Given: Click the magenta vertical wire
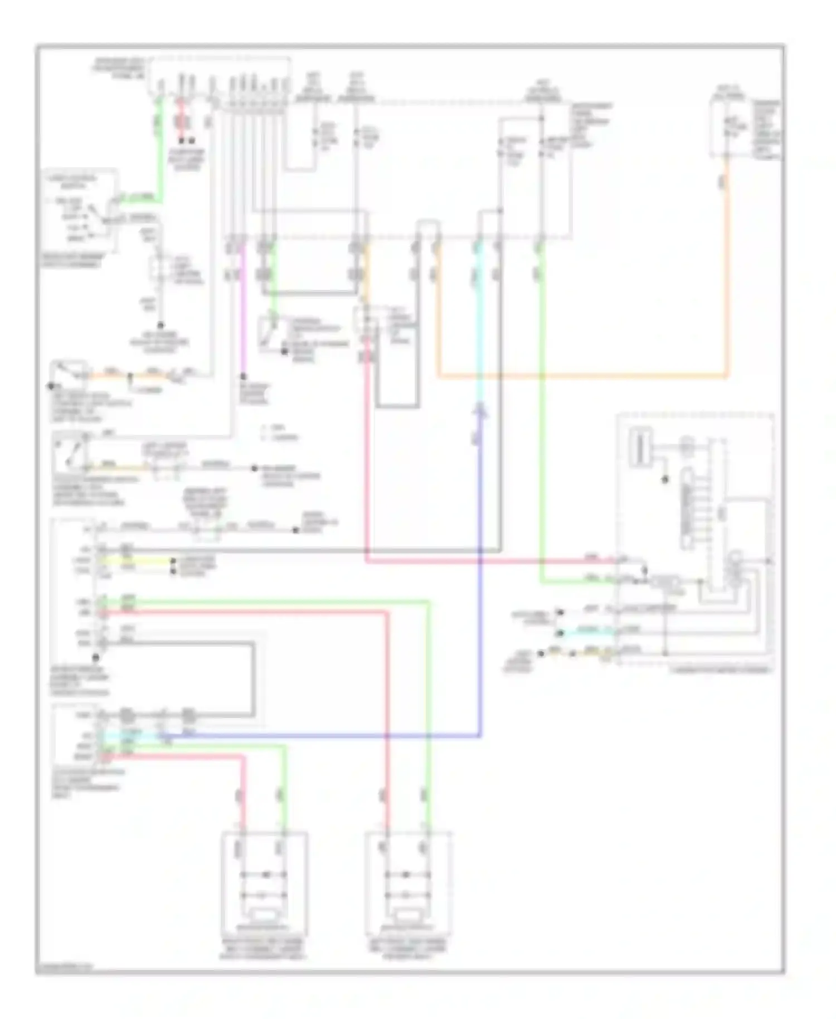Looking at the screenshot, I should point(242,312).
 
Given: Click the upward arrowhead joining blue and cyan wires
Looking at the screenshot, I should point(480,411).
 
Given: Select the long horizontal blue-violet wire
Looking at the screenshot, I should point(323,736).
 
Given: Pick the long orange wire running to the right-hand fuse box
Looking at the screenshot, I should point(580,377).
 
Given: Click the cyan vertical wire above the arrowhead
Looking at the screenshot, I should point(479,334).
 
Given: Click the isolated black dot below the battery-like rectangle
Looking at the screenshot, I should point(664,479).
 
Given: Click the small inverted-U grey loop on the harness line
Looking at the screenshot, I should point(427,229).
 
